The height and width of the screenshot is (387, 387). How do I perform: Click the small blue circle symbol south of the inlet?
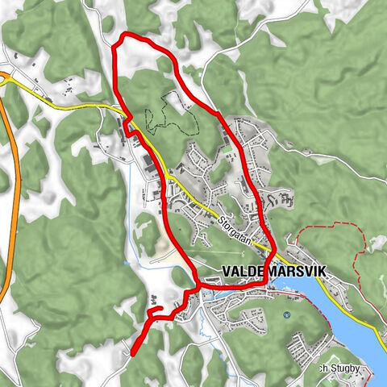[x=287, y=314]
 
